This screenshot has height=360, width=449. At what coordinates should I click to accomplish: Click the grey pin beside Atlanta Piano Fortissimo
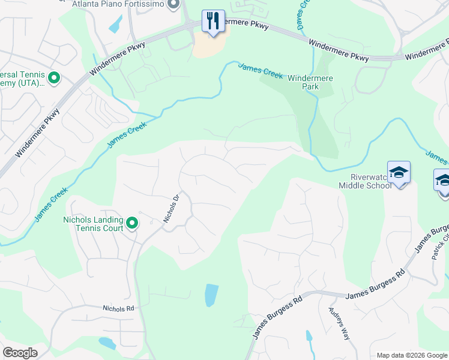174,5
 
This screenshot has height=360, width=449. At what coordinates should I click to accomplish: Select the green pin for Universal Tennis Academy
53,77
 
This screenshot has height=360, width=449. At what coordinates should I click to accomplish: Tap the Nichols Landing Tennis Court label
93,224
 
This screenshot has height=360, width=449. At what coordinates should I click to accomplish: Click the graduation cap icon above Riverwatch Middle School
399,173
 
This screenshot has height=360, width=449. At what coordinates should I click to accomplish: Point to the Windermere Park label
310,82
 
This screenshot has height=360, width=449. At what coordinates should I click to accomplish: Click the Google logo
20,353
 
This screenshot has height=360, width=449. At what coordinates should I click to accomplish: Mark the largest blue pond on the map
211,295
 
